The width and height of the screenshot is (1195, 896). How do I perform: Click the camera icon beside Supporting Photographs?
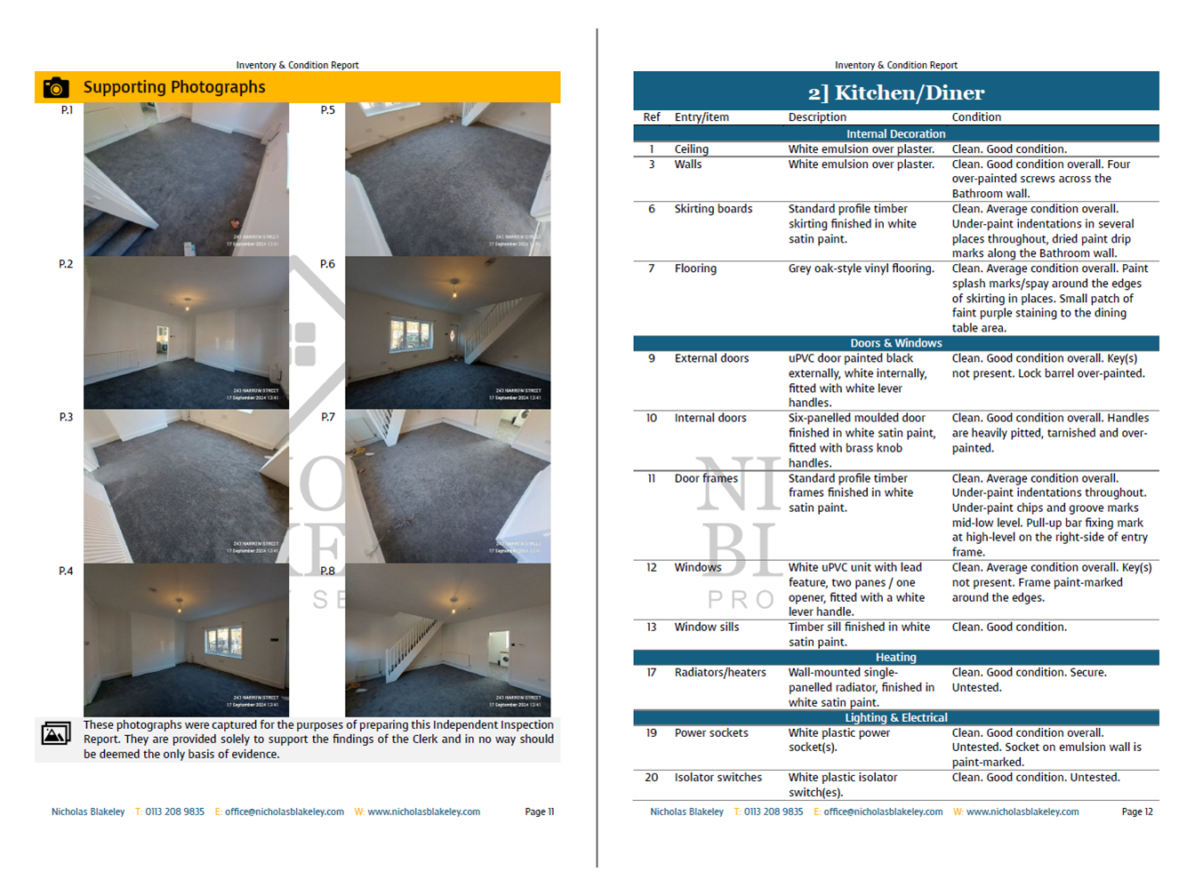point(56,87)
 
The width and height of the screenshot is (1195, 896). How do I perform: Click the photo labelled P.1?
point(186,180)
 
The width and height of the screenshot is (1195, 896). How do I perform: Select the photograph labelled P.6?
point(447,333)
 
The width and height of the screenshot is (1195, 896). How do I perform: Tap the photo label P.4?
point(66,571)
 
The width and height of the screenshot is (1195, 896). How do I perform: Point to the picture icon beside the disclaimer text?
point(56,733)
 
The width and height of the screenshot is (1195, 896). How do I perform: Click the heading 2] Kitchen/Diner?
point(895,92)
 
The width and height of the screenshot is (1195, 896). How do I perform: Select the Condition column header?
point(975,117)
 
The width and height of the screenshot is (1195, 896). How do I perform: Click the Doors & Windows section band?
point(895,343)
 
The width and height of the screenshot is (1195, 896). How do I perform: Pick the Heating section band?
point(895,658)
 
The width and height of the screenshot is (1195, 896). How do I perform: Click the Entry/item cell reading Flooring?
point(694,268)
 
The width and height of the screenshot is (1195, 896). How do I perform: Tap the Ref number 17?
point(652,673)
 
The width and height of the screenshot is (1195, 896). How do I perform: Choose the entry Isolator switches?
point(718,778)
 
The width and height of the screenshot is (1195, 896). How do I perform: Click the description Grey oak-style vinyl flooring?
point(861,268)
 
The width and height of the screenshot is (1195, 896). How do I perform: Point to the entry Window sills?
point(706,628)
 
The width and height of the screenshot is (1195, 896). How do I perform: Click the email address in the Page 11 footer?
point(284,812)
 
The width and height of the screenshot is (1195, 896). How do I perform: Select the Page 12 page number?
point(1136,812)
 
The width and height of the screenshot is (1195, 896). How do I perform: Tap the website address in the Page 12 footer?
point(1022,812)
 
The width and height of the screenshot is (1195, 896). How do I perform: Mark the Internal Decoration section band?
point(895,134)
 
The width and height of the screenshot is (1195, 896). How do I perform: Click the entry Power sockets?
point(710,733)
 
